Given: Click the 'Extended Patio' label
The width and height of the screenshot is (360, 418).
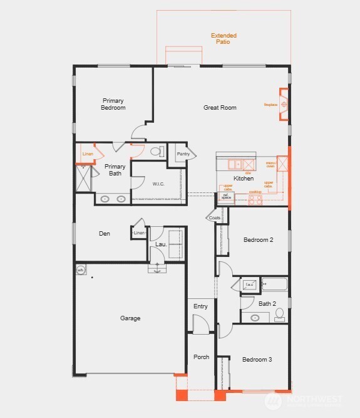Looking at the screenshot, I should click(x=224, y=39).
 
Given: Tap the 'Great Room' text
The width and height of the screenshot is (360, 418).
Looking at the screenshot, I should click(x=220, y=108).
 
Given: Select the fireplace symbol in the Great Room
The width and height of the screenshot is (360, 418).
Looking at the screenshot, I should click(x=284, y=104).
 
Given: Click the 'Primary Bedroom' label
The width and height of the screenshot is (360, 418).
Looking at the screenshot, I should click(x=113, y=104).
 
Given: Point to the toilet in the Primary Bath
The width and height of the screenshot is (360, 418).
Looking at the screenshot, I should click(x=157, y=151).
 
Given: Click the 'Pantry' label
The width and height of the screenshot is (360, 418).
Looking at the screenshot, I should click(x=183, y=154).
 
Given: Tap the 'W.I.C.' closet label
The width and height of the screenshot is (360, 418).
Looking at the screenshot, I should click(x=158, y=184).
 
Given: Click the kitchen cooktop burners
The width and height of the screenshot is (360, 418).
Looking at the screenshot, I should click(x=255, y=201).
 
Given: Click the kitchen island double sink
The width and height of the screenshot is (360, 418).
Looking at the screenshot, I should click(x=235, y=164).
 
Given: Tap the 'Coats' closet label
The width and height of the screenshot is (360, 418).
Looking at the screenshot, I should click(x=214, y=217).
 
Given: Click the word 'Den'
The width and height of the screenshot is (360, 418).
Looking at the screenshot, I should click(x=105, y=234).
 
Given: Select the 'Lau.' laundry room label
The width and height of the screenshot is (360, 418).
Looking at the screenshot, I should click(x=152, y=244).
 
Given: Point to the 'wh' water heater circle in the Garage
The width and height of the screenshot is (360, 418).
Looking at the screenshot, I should click(x=81, y=270).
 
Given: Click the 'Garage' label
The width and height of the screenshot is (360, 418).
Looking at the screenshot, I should click(x=130, y=318).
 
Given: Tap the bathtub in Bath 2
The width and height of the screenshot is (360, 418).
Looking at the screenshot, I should click(x=274, y=285).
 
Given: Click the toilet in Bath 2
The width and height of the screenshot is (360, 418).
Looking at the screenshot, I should click(x=280, y=313).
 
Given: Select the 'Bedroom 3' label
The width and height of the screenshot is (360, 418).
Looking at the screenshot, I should click(x=257, y=360).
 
